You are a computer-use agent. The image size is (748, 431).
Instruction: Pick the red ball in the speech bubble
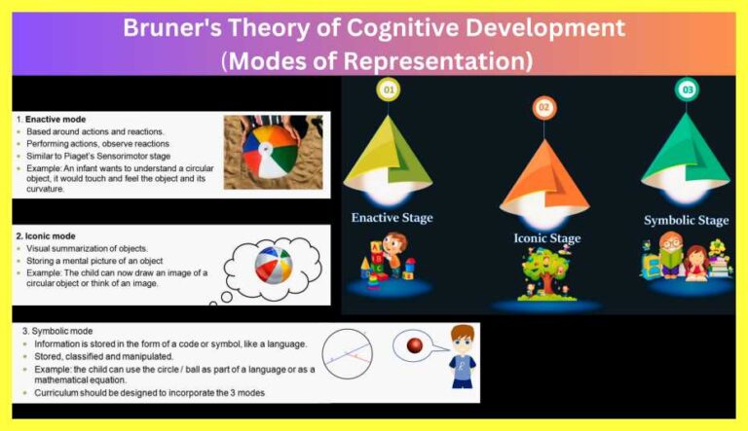pos(415,346)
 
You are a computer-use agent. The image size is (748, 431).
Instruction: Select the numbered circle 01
pos(390,91)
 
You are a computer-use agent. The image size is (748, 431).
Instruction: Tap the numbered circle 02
pos(543,107)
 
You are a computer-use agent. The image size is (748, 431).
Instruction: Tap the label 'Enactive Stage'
pos(393,217)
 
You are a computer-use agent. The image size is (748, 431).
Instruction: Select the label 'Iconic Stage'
pos(546,238)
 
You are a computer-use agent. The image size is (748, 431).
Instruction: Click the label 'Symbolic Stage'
pos(686,220)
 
